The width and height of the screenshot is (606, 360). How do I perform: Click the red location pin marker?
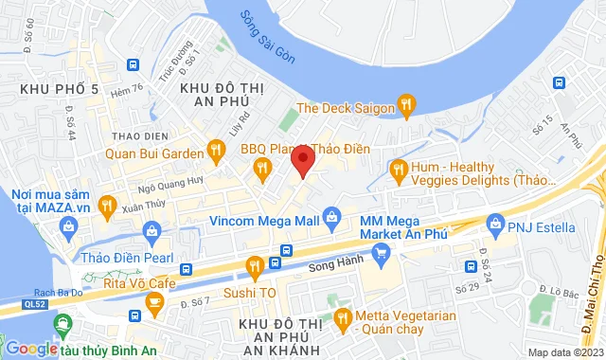[x=301, y=159]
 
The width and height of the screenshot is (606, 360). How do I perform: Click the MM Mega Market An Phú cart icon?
[x=382, y=252]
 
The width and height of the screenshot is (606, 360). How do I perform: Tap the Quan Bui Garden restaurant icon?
[x=216, y=150]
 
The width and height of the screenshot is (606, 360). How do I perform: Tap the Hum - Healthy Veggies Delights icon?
[x=399, y=171]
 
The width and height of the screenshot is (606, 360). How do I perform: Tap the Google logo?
[x=31, y=349]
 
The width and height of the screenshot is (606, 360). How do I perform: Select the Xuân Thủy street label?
[x=117, y=205]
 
